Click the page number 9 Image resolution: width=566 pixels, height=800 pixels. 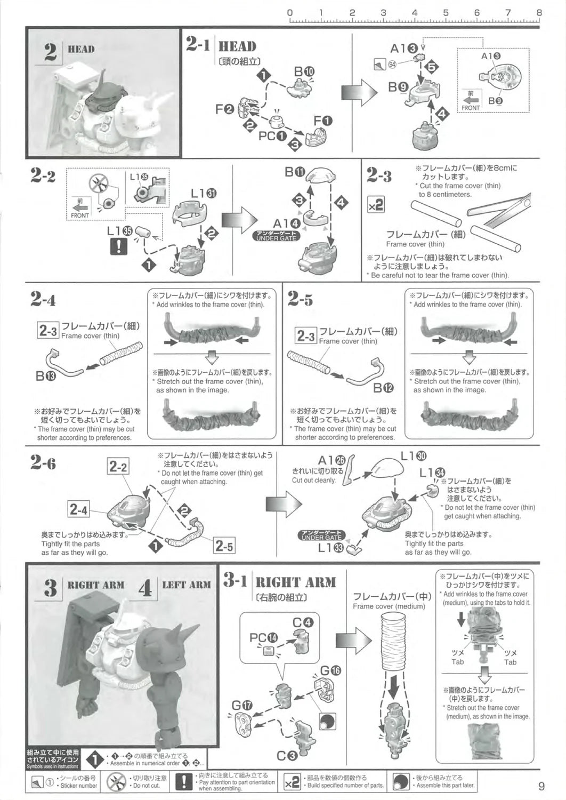pos(541,786)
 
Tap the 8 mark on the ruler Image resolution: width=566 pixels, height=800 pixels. pos(539,12)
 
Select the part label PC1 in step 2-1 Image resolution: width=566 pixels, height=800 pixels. pos(273,136)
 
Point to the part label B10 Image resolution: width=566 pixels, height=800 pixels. pos(304,72)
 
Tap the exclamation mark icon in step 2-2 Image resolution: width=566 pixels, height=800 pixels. pos(119,246)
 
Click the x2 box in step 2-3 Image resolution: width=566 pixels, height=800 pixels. pos(376,205)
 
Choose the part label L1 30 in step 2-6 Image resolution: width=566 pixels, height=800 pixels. pos(414,456)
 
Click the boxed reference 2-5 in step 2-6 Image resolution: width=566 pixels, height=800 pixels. pos(224,546)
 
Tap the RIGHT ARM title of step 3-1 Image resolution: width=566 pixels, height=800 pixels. pos(296,582)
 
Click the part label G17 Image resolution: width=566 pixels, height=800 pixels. pos(241,705)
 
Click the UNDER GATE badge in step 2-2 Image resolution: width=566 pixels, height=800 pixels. pos(276,236)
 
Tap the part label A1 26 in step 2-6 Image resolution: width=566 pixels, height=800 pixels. pos(332,461)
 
